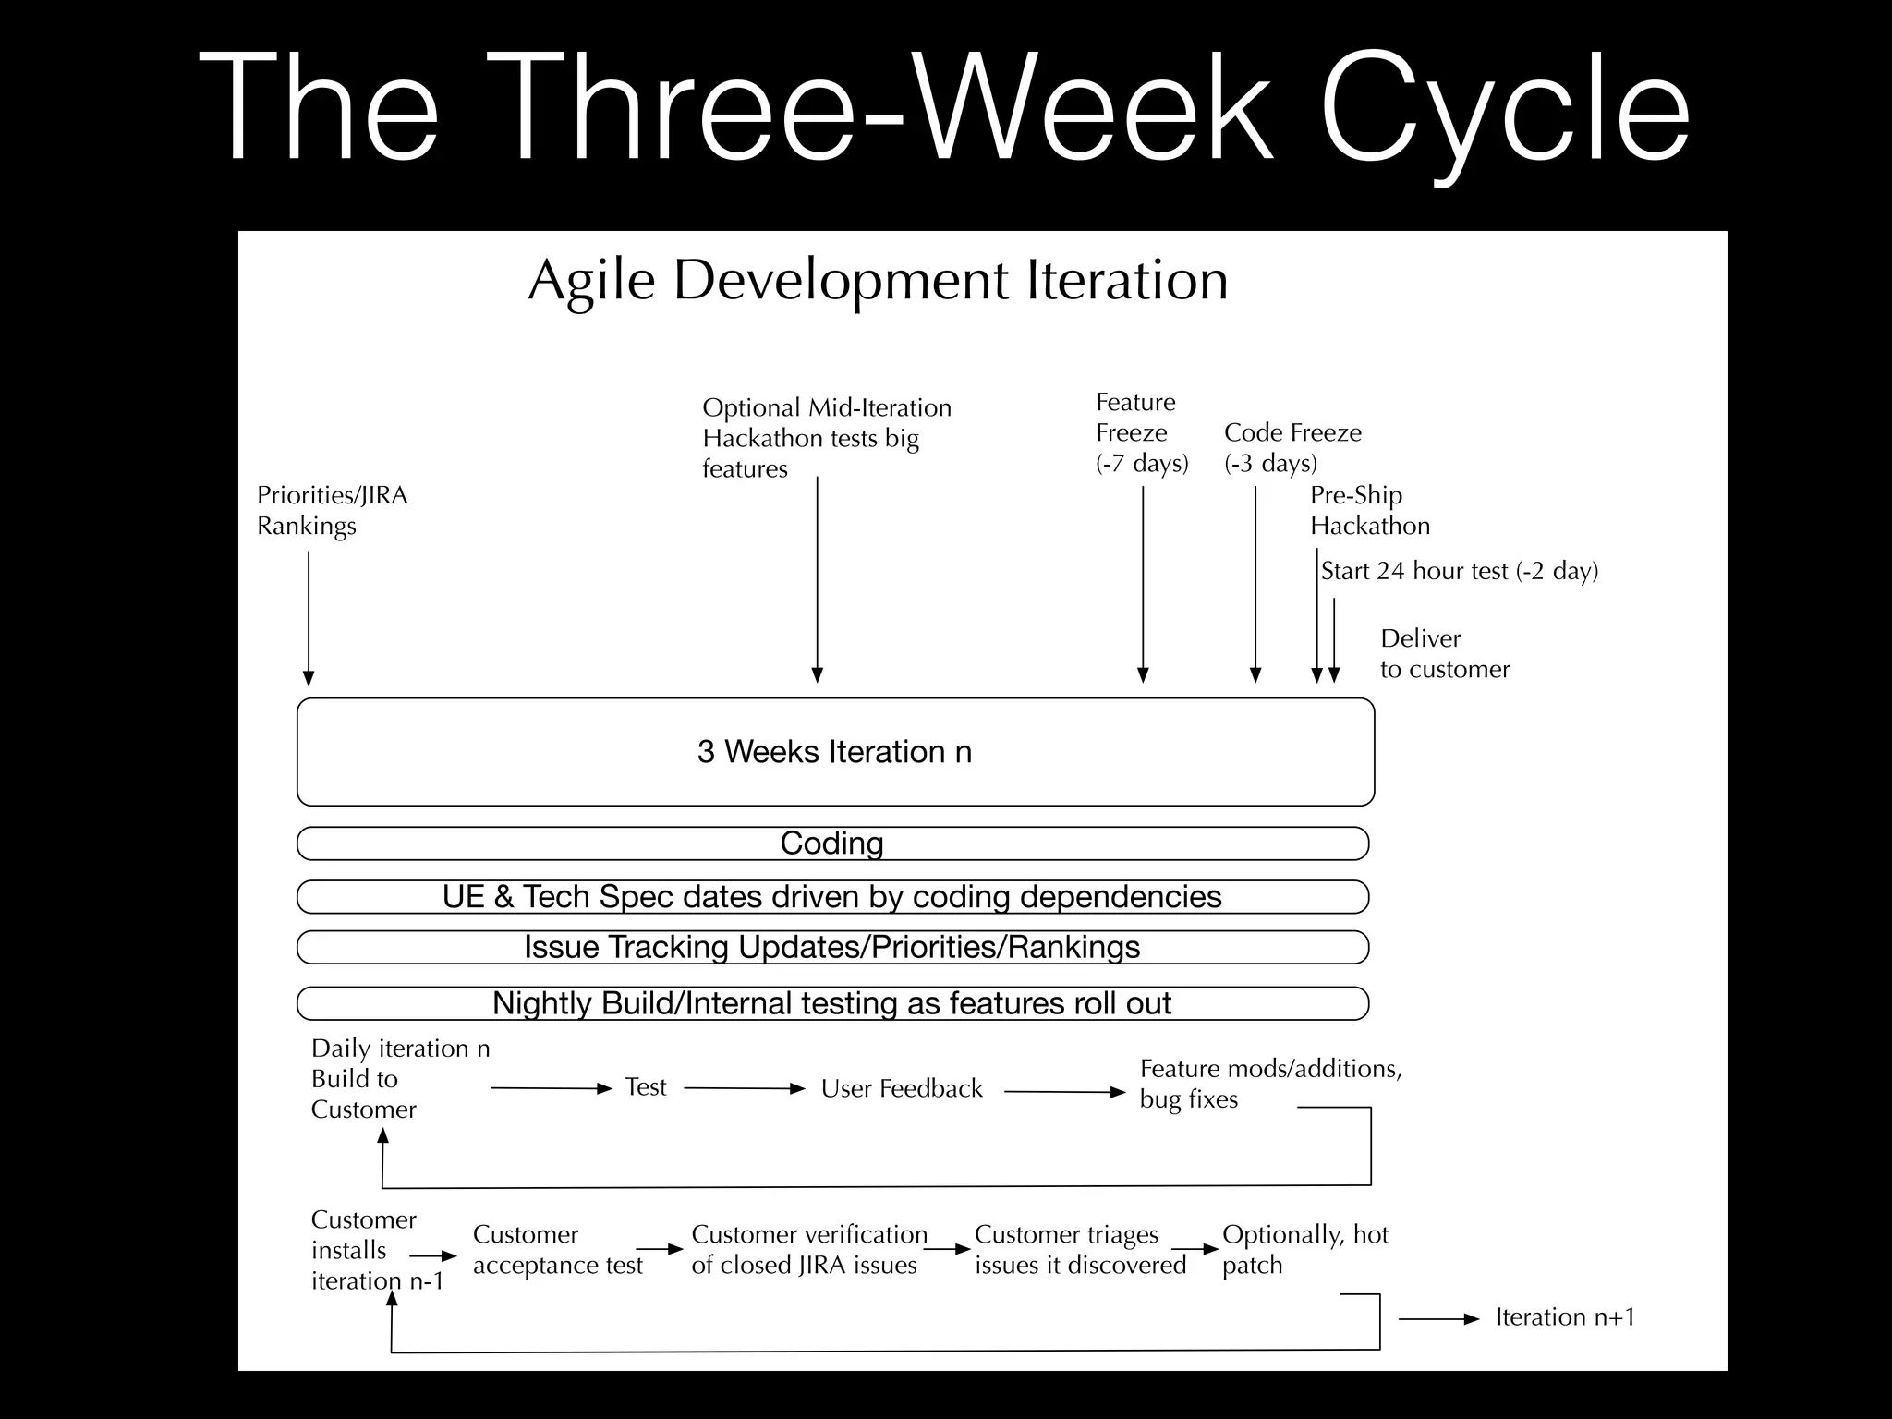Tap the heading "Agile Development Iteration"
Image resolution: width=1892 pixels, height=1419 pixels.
click(x=878, y=280)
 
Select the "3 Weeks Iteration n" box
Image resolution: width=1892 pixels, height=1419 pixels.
click(x=835, y=752)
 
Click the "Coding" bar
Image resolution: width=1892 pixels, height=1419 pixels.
click(x=832, y=843)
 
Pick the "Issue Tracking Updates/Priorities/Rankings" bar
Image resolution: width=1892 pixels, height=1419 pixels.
click(x=832, y=948)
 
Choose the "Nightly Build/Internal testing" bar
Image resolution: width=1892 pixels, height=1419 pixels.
click(x=832, y=1003)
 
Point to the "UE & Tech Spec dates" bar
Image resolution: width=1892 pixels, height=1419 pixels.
click(x=832, y=897)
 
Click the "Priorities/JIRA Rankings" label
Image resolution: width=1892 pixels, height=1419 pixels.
click(x=332, y=511)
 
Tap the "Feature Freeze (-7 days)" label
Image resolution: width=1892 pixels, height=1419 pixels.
click(x=1141, y=432)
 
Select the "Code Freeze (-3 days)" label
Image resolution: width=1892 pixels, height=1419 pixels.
click(x=1292, y=447)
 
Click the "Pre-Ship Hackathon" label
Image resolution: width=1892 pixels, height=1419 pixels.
click(x=1369, y=511)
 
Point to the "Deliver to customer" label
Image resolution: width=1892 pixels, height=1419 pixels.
click(x=1444, y=654)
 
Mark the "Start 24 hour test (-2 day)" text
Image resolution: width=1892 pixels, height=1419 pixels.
click(x=1459, y=571)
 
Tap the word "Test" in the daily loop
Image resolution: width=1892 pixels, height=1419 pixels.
click(x=645, y=1087)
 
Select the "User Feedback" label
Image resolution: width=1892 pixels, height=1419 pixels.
click(x=902, y=1089)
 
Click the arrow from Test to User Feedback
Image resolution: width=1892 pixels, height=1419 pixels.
click(x=745, y=1089)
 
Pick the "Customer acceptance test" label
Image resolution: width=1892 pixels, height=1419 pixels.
click(x=557, y=1250)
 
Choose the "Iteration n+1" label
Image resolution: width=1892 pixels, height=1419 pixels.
click(x=1565, y=1317)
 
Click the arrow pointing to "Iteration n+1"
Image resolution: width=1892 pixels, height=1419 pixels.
click(x=1438, y=1320)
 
